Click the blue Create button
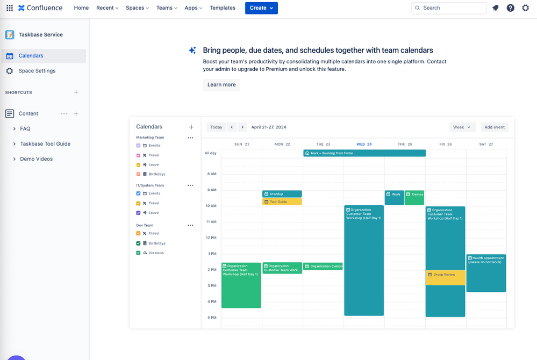coord(261,8)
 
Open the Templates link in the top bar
coord(223,8)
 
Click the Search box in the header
coord(449,8)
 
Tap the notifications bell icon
coord(496,8)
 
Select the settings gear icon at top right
coord(526,8)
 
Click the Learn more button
coord(221,85)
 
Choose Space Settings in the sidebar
coord(37,71)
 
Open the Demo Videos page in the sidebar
coord(37,159)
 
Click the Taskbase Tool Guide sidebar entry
coord(45,144)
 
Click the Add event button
coord(495,127)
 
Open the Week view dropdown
coord(462,127)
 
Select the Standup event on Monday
coord(282,194)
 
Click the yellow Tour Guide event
coord(282,202)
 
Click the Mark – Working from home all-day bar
coord(364,153)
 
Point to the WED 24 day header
coord(364,144)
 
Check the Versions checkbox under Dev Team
coord(138,253)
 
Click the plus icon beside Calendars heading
coord(191,127)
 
